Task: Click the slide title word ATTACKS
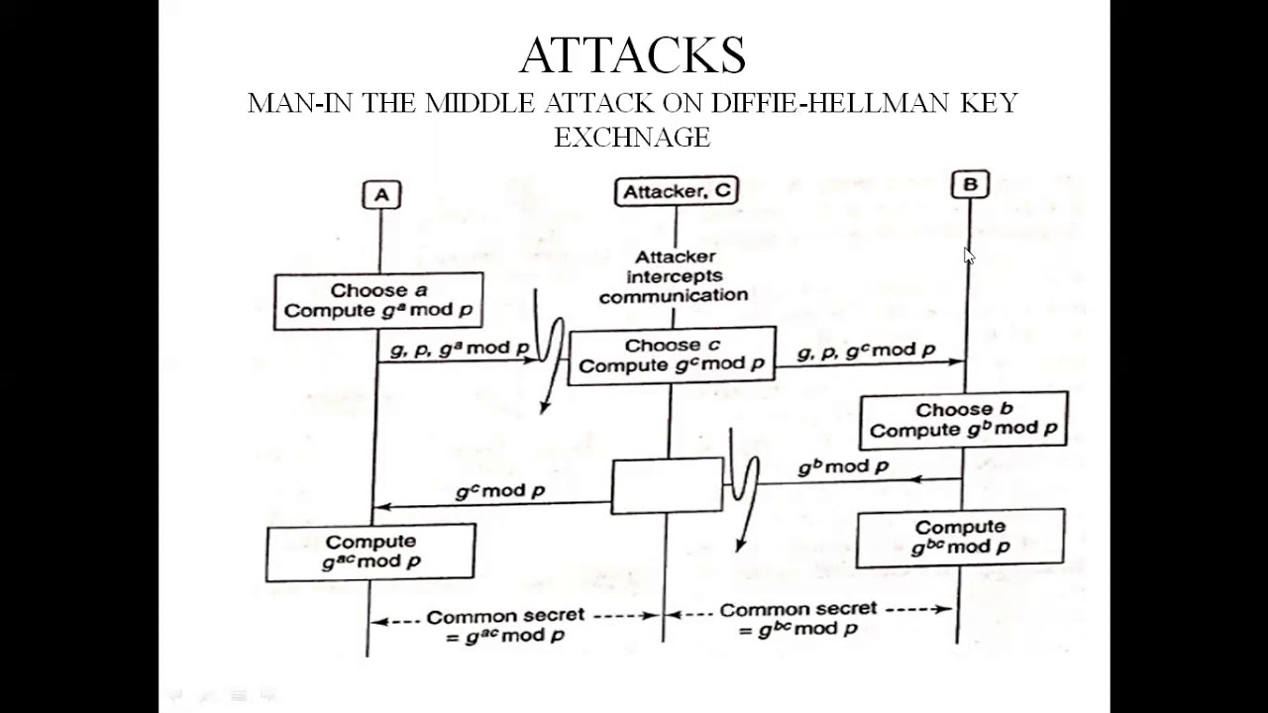632,56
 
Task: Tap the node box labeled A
381,195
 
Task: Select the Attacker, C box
677,192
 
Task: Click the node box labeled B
970,184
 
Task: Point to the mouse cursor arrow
969,255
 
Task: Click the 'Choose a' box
378,301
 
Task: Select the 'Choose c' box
672,356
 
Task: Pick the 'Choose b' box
963,420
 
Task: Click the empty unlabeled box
667,485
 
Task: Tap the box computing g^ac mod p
370,552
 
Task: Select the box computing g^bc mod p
960,538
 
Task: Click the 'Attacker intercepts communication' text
674,276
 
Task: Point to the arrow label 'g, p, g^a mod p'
459,349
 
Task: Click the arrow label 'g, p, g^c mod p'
866,351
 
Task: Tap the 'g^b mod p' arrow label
843,466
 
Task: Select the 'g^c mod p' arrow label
500,490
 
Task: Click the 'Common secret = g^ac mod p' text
505,626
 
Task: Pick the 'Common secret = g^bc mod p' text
797,619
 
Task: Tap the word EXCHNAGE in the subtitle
632,138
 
